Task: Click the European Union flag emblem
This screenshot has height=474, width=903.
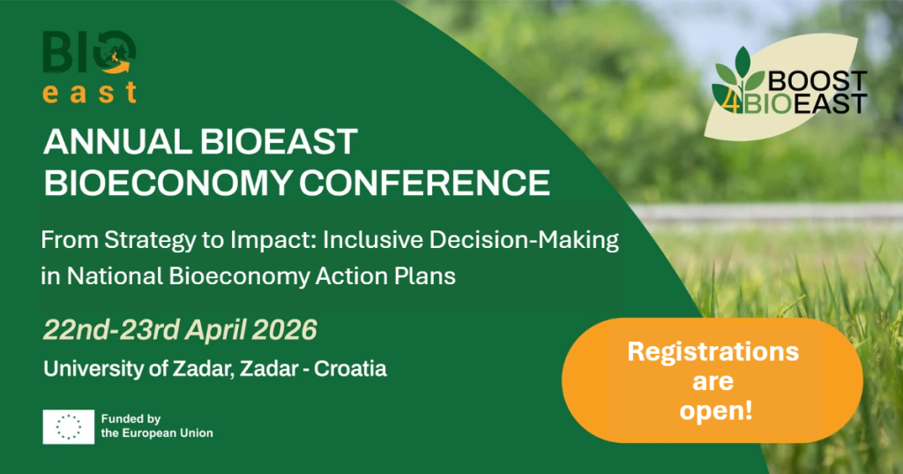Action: click(x=69, y=426)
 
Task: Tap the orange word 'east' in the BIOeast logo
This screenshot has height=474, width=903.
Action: click(x=90, y=93)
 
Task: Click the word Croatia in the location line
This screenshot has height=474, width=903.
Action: click(x=352, y=368)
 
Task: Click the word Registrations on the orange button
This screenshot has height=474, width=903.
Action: click(x=713, y=351)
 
